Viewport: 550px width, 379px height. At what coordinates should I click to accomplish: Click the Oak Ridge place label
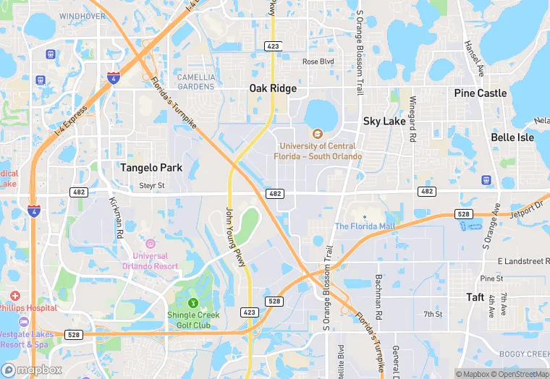click(273, 88)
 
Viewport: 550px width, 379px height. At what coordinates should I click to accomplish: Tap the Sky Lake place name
click(384, 122)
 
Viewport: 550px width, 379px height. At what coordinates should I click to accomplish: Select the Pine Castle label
click(481, 93)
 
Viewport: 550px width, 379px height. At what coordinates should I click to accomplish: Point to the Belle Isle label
click(512, 137)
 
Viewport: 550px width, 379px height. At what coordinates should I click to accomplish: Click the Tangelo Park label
click(151, 168)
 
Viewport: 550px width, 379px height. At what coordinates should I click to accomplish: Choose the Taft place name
click(475, 297)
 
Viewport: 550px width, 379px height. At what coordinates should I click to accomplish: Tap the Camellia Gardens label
click(196, 82)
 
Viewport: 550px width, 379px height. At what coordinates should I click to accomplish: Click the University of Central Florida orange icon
click(317, 134)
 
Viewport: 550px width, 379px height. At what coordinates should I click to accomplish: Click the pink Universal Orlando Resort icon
click(151, 244)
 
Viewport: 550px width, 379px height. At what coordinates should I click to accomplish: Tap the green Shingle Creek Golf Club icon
click(193, 302)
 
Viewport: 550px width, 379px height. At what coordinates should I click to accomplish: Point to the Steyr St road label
click(152, 186)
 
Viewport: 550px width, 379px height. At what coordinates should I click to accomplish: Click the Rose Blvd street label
click(318, 61)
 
